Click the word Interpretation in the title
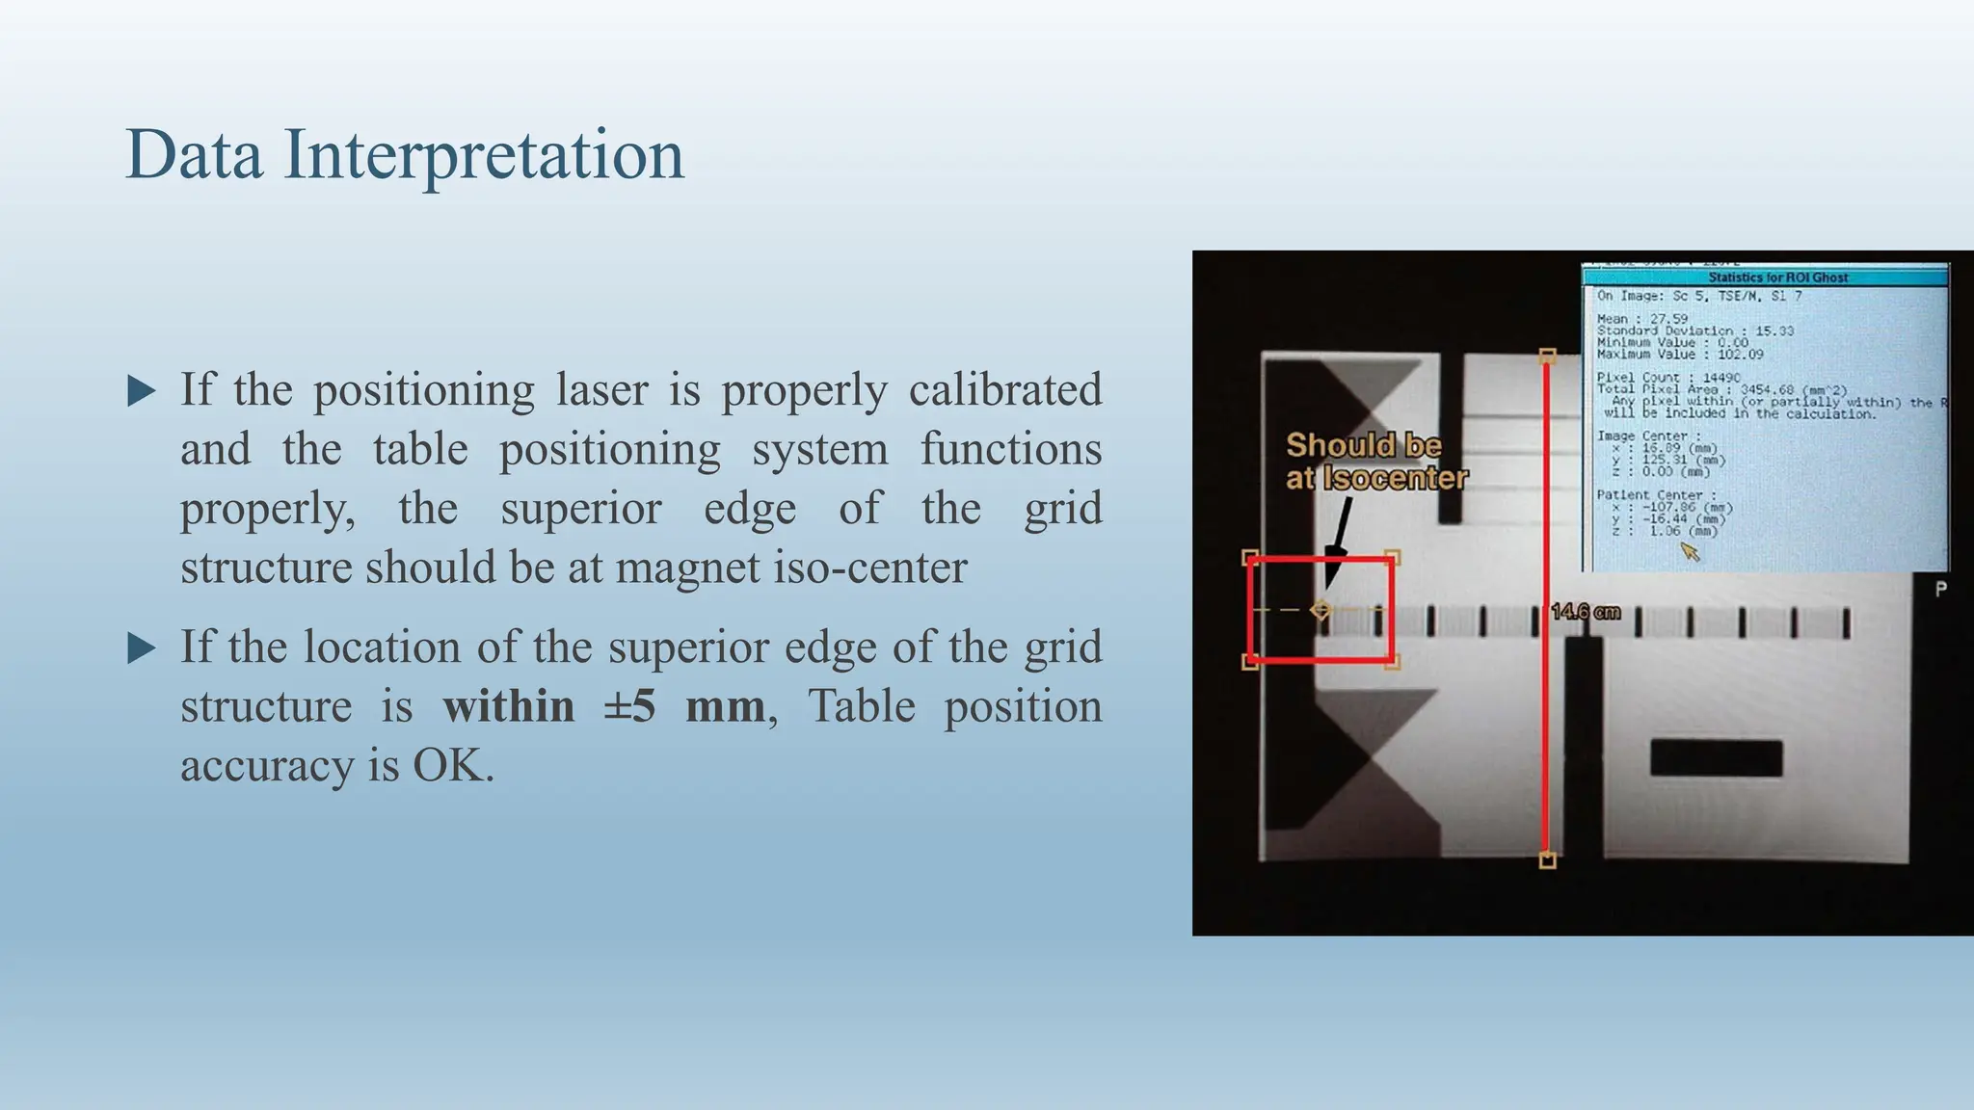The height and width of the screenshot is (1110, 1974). [484, 155]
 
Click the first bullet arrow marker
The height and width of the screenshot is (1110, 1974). [142, 391]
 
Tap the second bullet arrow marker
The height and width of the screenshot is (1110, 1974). [142, 648]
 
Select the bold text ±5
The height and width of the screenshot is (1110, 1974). [629, 706]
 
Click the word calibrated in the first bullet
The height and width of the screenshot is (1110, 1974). [1004, 390]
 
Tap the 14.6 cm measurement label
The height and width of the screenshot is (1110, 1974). [1586, 612]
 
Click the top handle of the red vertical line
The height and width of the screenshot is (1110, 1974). [1547, 357]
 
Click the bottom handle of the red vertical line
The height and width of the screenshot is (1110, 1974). [1547, 860]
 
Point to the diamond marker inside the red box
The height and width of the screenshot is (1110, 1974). [1320, 610]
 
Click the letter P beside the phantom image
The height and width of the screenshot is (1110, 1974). [1940, 589]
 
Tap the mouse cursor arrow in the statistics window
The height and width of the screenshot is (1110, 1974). [1690, 551]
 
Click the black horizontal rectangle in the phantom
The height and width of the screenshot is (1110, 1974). [1716, 758]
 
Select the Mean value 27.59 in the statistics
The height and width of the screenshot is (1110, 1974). [1668, 319]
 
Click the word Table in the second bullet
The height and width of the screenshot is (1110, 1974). [861, 706]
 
